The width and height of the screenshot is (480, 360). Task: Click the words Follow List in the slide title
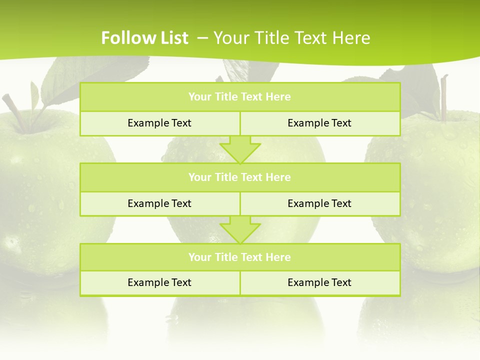144,38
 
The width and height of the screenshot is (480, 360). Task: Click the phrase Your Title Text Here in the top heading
292,38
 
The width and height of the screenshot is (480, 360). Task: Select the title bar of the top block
240,97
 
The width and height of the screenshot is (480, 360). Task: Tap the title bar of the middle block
240,177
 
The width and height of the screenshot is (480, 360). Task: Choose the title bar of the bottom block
240,257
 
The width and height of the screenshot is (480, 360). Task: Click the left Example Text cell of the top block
159,123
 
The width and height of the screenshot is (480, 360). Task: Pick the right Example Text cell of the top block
319,123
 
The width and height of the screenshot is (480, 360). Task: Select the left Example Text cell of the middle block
159,203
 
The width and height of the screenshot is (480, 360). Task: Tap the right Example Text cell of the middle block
319,203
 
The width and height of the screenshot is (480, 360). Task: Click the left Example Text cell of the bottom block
159,282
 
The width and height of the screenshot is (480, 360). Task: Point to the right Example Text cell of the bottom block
319,282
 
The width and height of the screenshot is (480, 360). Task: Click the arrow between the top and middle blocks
240,149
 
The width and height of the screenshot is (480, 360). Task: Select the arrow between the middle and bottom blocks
240,230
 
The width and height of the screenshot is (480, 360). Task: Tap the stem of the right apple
443,97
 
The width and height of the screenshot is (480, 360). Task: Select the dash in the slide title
202,38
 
